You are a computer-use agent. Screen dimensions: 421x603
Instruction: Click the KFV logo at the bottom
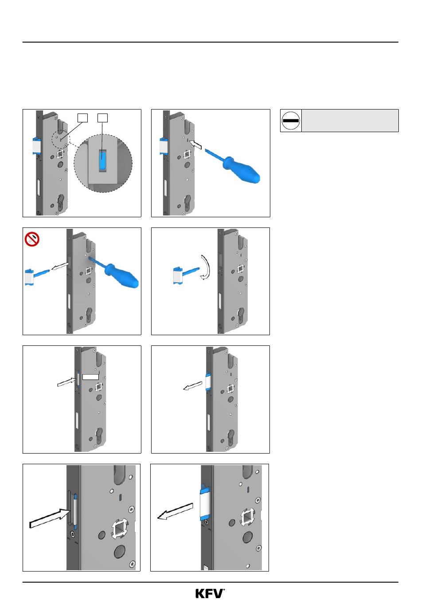(x=210, y=593)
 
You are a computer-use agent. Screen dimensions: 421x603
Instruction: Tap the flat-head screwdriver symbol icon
(x=291, y=121)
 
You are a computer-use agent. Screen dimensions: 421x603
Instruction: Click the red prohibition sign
(x=32, y=239)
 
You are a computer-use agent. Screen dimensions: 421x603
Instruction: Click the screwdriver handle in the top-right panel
(x=242, y=169)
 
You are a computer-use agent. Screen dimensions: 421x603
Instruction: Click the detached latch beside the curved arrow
(x=186, y=274)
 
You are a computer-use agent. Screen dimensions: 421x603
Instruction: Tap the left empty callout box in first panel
(x=82, y=118)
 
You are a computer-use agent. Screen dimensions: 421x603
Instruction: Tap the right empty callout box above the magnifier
(x=102, y=118)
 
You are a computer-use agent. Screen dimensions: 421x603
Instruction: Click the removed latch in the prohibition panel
(x=37, y=276)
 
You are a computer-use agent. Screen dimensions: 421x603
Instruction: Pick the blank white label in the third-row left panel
(x=90, y=377)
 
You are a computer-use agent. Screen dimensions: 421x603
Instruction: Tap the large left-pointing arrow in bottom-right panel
(x=175, y=511)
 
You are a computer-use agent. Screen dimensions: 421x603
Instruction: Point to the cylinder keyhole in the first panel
(x=61, y=203)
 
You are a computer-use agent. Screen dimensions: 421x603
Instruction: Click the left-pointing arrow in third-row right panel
(x=193, y=386)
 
